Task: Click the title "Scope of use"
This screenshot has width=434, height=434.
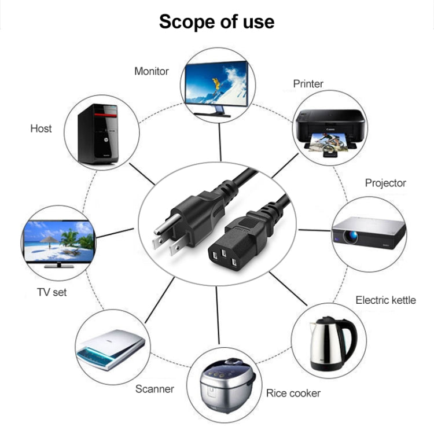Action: click(216, 22)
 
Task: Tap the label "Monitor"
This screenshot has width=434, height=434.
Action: click(152, 71)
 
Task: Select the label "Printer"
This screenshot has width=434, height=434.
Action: click(308, 84)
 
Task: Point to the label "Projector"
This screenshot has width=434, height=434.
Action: click(385, 183)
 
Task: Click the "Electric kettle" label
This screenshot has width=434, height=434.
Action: click(385, 300)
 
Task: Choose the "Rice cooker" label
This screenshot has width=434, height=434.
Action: click(293, 393)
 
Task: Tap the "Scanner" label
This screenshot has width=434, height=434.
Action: click(155, 389)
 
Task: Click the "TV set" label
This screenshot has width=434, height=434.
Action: click(52, 292)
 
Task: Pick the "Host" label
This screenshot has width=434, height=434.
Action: click(41, 128)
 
